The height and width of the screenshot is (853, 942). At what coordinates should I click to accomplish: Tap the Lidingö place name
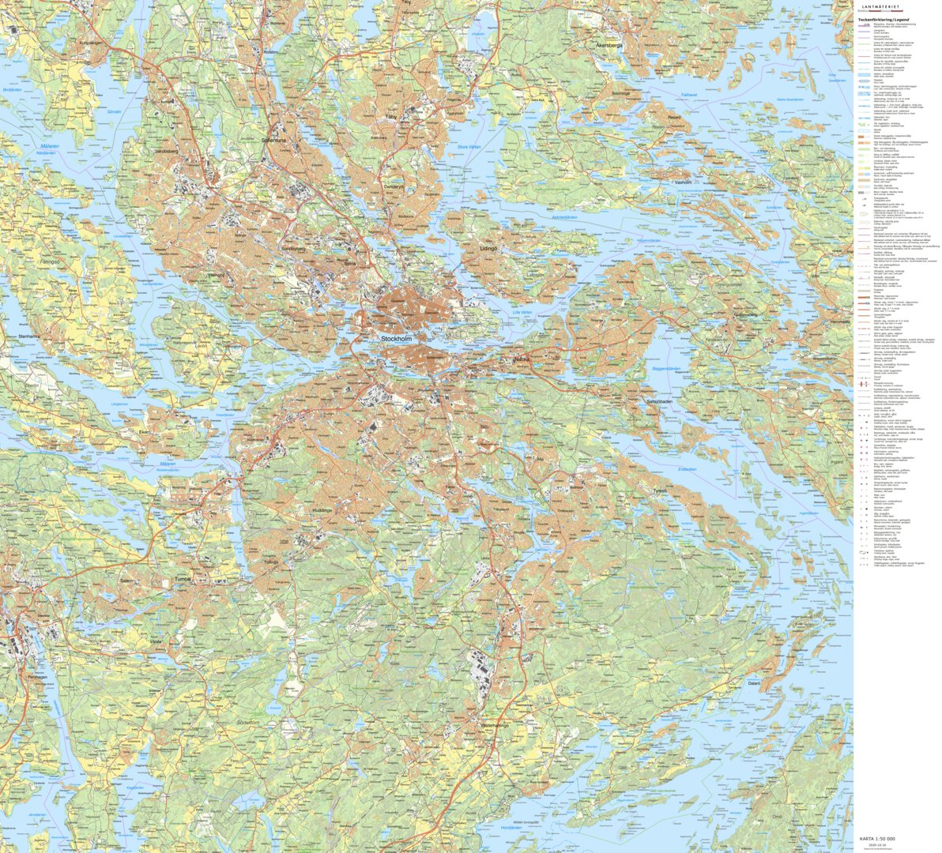pos(489,248)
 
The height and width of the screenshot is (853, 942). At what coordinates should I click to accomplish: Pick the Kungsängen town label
pos(92,42)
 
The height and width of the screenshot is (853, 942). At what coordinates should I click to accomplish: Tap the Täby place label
pos(390,116)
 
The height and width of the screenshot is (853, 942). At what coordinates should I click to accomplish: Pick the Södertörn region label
pos(248,723)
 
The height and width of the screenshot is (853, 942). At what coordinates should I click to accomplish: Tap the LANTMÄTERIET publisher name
pos(884,6)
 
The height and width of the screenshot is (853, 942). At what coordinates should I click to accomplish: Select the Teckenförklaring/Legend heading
pos(884,19)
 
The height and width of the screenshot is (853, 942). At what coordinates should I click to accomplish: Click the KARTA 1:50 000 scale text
pos(877,838)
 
